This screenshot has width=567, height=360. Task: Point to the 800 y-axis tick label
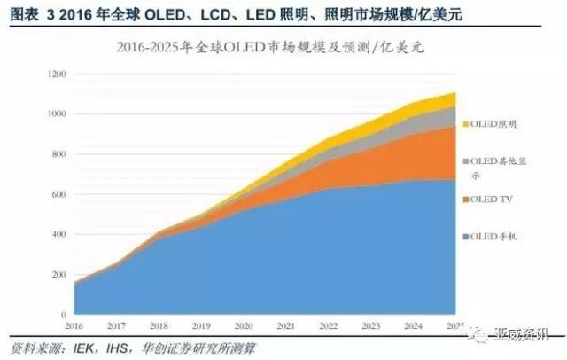58,154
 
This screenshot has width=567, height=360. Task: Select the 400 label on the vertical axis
58,234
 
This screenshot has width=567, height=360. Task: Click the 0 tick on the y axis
64,315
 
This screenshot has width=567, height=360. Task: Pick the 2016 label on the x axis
74,326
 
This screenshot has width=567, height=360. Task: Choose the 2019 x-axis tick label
201,326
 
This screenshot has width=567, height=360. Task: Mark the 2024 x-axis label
414,326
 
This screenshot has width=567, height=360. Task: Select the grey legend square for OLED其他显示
467,161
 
